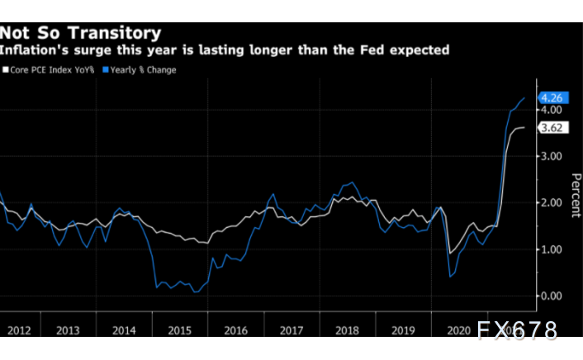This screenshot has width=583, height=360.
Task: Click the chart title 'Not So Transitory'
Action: point(80,33)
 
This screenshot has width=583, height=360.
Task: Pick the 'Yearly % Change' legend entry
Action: point(142,70)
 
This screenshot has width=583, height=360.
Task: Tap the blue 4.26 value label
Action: point(551,98)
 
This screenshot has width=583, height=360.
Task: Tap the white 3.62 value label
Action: point(551,128)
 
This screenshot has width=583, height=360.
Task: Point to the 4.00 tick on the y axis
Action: point(551,110)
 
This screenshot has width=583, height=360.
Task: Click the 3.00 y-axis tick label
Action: point(551,156)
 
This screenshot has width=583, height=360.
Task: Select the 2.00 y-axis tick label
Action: point(551,203)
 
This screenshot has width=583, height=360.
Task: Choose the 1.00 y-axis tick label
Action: point(551,249)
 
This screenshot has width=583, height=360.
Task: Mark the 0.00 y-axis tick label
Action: point(551,296)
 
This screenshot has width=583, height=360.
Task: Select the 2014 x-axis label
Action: point(124,330)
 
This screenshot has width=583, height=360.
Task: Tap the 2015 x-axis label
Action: point(180,330)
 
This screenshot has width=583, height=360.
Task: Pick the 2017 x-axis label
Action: point(291,330)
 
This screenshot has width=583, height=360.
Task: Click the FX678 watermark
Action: point(517,331)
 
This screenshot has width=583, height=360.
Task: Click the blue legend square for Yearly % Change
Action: point(106,70)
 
